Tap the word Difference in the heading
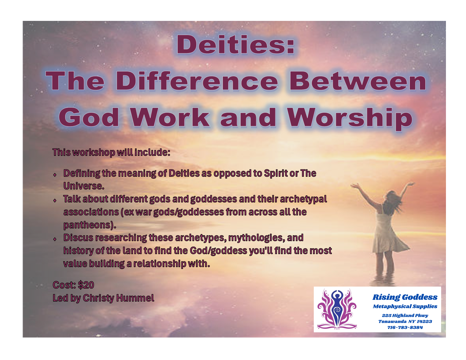click(197, 81)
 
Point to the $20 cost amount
click(86, 285)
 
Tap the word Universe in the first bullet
click(84, 186)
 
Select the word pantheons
click(89, 225)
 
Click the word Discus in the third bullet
click(78, 238)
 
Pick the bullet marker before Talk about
click(55, 200)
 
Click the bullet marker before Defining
click(55, 174)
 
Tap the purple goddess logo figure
click(337, 309)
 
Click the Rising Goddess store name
click(405, 297)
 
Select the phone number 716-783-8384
click(405, 328)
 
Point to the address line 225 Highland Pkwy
click(405, 315)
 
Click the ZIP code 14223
click(424, 322)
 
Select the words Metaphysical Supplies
click(405, 306)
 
